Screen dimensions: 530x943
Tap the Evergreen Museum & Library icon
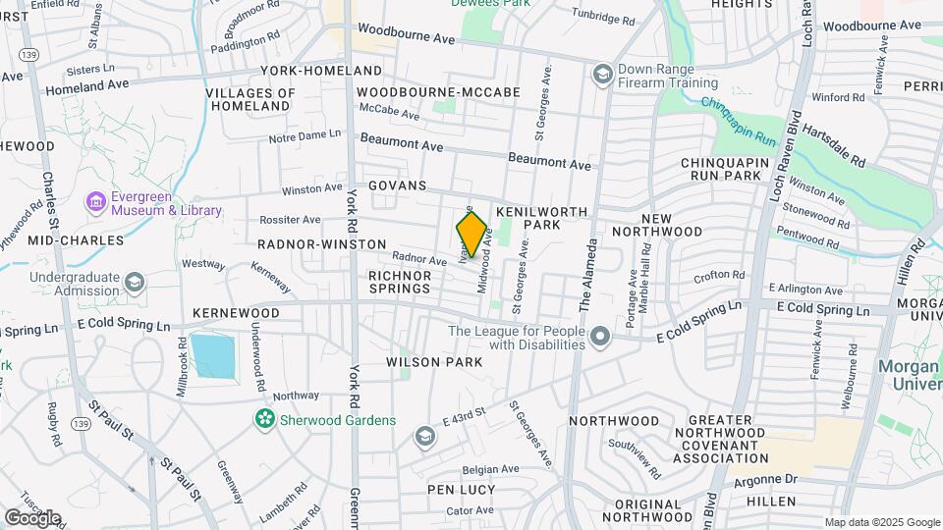pos(96,202)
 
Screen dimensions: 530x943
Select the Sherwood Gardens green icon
pos(263,420)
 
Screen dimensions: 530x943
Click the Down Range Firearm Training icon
pos(601,75)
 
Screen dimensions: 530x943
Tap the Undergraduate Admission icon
pos(134,284)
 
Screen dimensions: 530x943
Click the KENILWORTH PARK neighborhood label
pos(541,219)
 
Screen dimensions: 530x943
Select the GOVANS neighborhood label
pos(398,185)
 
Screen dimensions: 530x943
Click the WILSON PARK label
pos(434,362)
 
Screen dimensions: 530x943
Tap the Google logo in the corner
pos(32,517)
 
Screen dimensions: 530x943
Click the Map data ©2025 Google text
pos(881,522)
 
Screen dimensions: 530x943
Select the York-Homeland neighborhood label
pos(321,71)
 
